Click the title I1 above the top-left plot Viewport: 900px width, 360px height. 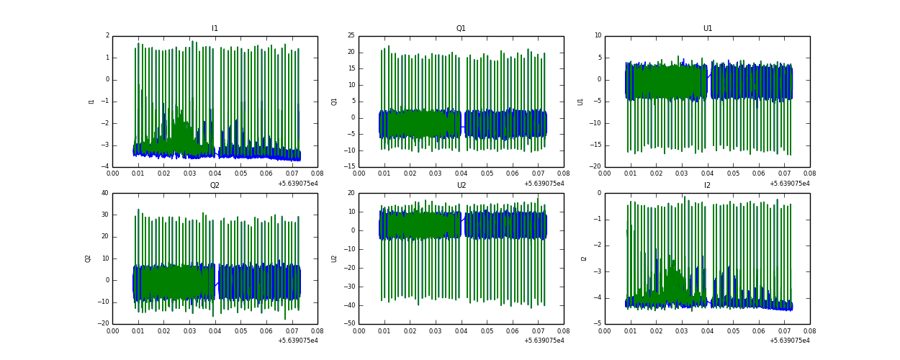(215, 29)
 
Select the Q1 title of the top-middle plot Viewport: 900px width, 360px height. (461, 29)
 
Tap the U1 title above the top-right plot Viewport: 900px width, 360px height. (707, 29)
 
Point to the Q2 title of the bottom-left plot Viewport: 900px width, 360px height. (215, 186)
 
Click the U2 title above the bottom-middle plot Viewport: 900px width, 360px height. (461, 186)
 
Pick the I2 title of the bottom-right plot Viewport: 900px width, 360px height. (707, 186)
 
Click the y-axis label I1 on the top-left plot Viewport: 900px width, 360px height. (91, 102)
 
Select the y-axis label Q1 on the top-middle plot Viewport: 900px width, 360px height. (334, 102)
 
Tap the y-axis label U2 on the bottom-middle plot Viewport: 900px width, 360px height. (334, 258)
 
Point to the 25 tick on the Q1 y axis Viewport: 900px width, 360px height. (351, 36)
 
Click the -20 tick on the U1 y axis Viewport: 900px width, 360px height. (595, 167)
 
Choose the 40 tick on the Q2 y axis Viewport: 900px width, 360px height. (104, 193)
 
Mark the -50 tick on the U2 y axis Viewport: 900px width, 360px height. (349, 324)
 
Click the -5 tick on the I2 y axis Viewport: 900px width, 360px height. (597, 324)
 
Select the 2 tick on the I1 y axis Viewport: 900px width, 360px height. (107, 36)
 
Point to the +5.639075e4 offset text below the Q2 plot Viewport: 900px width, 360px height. (297, 341)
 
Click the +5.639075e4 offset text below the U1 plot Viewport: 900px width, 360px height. (790, 184)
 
